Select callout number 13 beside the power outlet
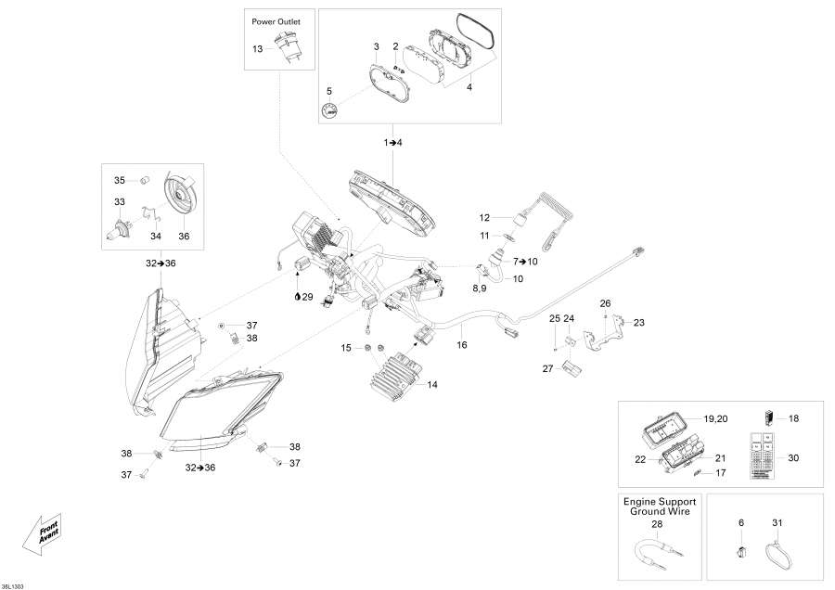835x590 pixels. coord(257,47)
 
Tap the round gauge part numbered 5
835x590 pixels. coord(329,112)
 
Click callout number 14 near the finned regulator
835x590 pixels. coord(432,383)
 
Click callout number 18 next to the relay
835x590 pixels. coord(793,418)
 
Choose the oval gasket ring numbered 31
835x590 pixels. coord(777,558)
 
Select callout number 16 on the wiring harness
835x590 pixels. coord(462,344)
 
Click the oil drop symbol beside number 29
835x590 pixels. coord(296,297)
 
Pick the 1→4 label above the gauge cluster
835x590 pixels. coord(393,142)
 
